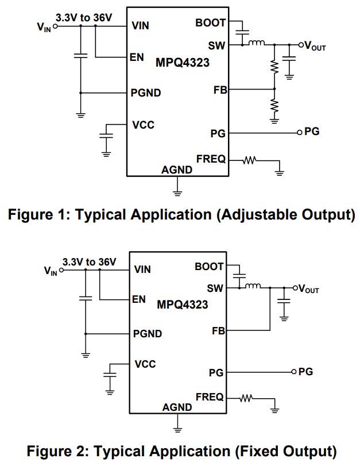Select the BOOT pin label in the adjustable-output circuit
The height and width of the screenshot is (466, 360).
click(x=210, y=23)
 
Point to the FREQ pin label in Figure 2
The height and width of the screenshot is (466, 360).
click(x=210, y=397)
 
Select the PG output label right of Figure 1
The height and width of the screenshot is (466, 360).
click(x=312, y=132)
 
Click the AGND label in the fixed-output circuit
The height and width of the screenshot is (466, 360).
click(x=177, y=407)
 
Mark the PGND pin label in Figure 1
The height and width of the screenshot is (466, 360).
click(x=146, y=93)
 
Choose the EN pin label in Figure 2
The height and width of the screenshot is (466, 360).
click(x=140, y=299)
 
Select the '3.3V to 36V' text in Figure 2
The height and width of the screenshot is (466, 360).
click(x=90, y=262)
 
